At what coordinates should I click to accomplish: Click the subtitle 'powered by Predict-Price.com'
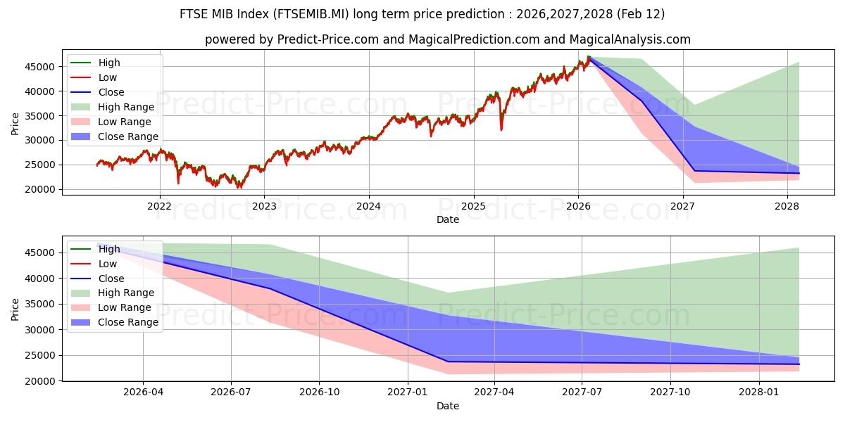pos(447,39)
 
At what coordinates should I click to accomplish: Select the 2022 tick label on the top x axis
pos(159,206)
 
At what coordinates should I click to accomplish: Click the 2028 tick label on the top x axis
pos(787,206)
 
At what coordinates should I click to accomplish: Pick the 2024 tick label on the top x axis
pos(368,206)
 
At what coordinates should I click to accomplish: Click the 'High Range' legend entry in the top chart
pos(125,107)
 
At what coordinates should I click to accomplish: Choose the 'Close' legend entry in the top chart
pos(111,92)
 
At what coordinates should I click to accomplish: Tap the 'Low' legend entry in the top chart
pos(108,77)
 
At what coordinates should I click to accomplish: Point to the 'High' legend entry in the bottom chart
pos(109,249)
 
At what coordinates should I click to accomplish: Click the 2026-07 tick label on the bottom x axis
pos(231,392)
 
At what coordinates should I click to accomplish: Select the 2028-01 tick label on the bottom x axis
pos(760,392)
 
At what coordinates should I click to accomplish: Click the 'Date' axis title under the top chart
pos(447,219)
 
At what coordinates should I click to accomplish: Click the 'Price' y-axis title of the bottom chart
pos(15,308)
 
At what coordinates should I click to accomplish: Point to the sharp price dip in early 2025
pos(501,129)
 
